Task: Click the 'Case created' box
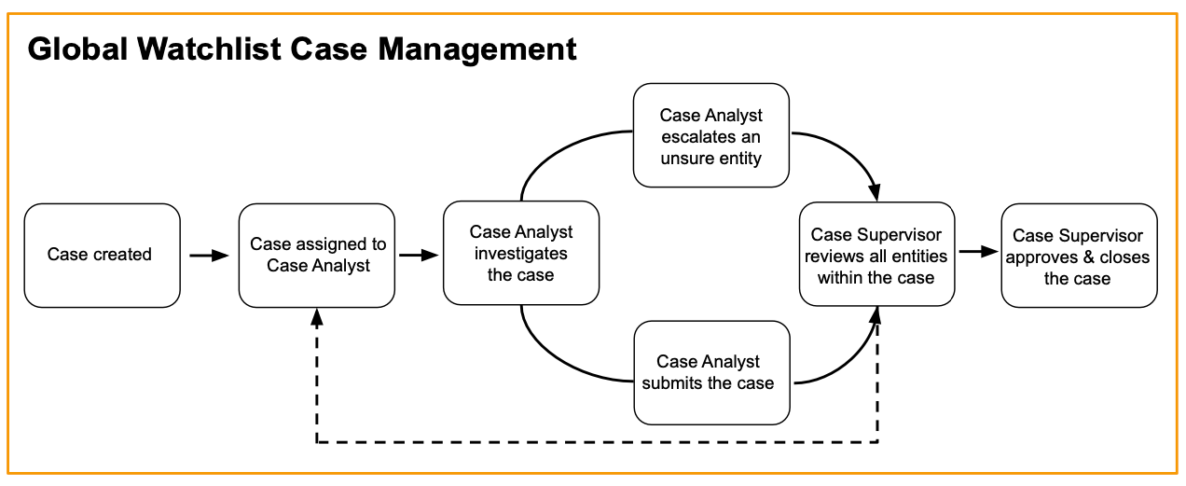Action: [102, 255]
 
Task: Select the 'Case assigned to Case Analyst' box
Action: [318, 255]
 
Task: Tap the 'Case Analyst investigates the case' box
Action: [520, 253]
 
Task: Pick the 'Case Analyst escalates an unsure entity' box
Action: [710, 136]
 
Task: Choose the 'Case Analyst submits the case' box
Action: [710, 372]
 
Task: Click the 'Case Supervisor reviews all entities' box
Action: [876, 255]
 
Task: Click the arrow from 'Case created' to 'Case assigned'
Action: [209, 255]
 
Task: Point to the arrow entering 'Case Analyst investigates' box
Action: [420, 255]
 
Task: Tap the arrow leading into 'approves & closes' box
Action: [977, 252]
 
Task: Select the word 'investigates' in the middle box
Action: [520, 254]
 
